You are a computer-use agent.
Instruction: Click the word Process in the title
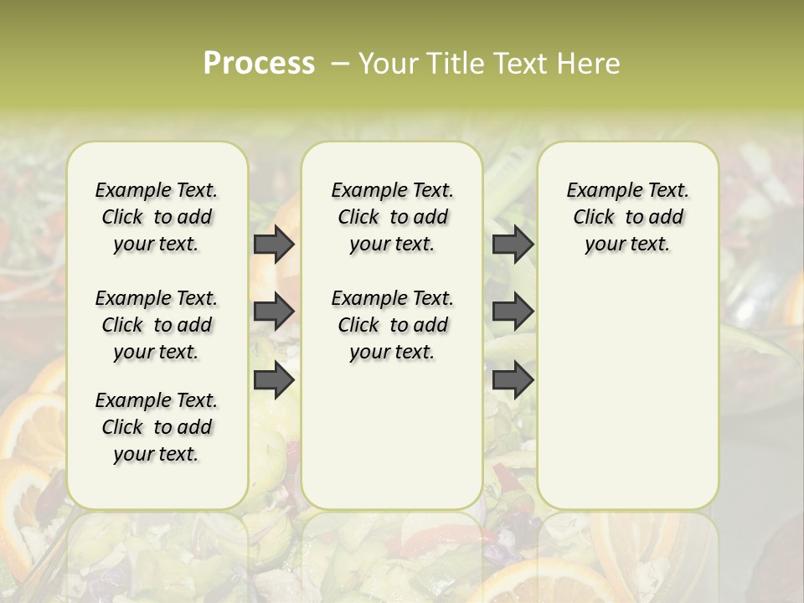(x=259, y=64)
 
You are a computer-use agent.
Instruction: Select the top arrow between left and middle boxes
(x=273, y=244)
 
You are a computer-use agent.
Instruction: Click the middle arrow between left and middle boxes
(x=273, y=312)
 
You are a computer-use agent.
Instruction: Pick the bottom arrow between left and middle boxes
(x=273, y=380)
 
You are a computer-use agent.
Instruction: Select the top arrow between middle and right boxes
(x=513, y=244)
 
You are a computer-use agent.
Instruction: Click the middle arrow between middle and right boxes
(x=513, y=312)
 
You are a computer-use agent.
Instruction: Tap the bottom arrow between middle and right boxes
(x=513, y=380)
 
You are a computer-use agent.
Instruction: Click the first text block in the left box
(x=157, y=217)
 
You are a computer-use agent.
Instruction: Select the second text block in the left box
(x=157, y=325)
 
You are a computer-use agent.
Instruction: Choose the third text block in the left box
(x=157, y=427)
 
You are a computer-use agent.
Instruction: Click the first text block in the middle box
(x=392, y=217)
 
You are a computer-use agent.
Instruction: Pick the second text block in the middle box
(x=392, y=325)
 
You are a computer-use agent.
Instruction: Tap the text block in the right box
(x=627, y=217)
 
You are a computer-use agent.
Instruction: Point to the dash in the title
(x=340, y=64)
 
